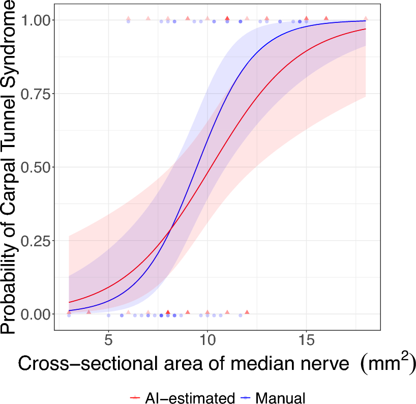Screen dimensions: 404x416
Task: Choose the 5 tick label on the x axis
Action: (108, 339)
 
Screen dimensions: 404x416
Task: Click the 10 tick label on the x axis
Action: (207, 339)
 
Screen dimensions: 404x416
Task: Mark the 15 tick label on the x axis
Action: (306, 339)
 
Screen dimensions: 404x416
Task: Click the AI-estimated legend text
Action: (190, 397)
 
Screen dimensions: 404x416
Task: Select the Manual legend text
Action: (280, 397)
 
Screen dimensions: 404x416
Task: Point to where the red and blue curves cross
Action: (170, 228)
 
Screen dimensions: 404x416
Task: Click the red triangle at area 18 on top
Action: (366, 19)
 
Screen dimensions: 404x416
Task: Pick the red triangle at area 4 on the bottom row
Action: (88, 312)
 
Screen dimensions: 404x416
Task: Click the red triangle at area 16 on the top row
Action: (326, 18)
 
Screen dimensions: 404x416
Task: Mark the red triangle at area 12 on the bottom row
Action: (247, 312)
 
